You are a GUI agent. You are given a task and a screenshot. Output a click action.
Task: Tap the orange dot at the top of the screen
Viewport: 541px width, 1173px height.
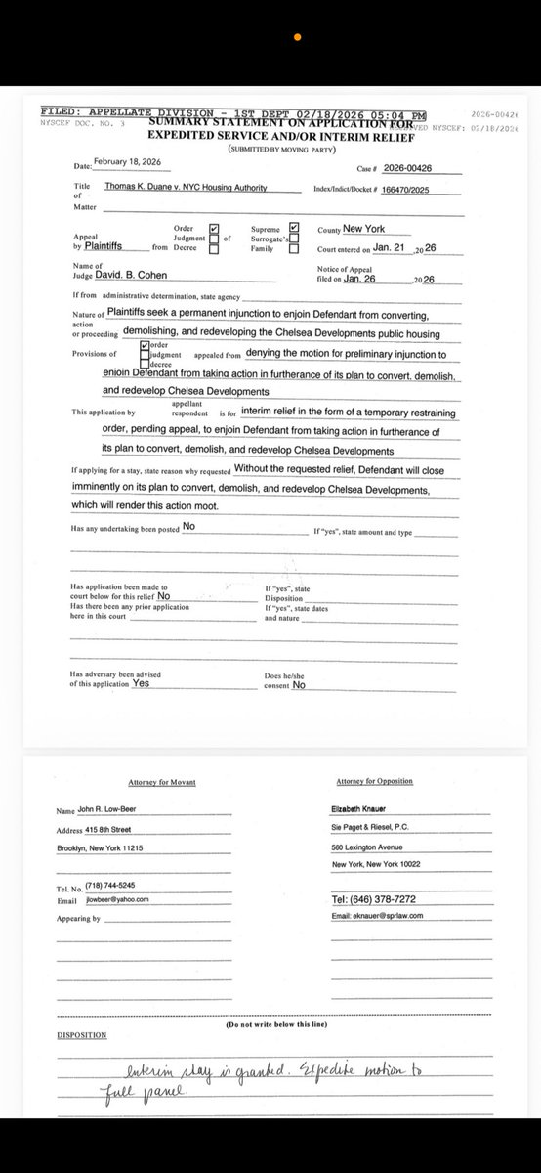297,37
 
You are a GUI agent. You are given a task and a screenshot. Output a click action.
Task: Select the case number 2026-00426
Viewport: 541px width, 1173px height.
408,168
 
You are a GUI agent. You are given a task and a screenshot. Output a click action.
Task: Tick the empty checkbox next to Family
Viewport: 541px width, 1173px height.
293,249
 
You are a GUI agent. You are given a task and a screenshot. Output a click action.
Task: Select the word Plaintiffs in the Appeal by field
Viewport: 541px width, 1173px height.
116,248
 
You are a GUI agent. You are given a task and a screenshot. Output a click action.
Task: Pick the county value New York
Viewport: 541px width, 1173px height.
363,228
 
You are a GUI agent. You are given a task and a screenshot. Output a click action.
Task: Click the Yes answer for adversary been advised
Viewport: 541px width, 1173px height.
141,684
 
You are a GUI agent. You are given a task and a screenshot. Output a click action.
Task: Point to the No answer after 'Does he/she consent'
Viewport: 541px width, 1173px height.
299,685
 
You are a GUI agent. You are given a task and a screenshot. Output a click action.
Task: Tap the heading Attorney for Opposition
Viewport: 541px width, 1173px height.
374,781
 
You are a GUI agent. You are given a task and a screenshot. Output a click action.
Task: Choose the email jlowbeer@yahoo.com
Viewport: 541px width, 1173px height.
116,898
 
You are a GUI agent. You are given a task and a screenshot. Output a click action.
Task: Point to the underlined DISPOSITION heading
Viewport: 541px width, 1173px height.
82,1034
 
